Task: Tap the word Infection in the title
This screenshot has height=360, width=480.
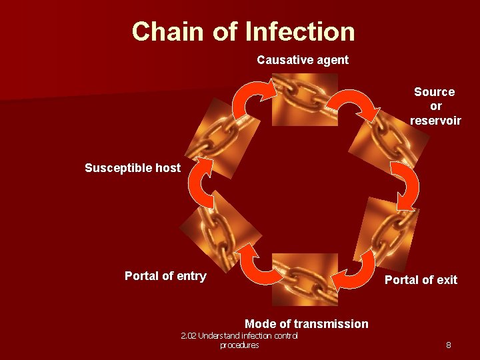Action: coord(300,31)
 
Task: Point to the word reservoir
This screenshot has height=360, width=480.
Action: coord(435,120)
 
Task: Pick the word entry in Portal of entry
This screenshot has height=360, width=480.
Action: coord(190,276)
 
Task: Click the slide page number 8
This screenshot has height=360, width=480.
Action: coord(449,345)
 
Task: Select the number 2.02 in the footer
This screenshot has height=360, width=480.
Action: coord(188,336)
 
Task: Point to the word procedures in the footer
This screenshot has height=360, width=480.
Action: coord(239,345)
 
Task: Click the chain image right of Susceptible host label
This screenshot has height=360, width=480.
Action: coord(212,137)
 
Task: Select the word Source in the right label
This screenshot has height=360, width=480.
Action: coord(434,92)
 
